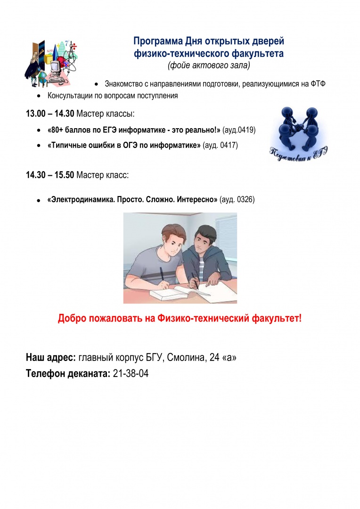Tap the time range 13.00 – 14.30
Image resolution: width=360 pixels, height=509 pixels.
click(49, 114)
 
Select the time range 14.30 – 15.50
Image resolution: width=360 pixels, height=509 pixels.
click(49, 175)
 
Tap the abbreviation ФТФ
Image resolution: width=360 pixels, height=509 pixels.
click(319, 84)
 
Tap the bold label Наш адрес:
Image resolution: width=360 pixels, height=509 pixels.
click(51, 358)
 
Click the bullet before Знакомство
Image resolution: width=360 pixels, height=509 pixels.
click(96, 84)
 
